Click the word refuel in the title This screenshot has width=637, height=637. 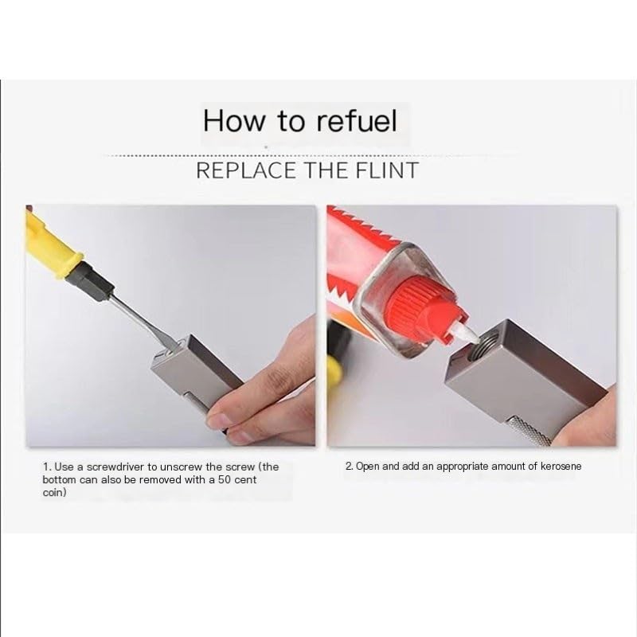point(356,121)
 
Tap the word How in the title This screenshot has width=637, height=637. point(233,121)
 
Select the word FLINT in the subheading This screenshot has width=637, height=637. point(387,170)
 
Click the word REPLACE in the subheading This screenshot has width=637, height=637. point(246,170)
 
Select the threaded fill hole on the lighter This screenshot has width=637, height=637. point(482,345)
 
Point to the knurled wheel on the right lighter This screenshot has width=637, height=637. point(526,430)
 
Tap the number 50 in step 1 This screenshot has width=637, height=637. point(225,480)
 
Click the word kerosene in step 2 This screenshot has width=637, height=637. point(561,467)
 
